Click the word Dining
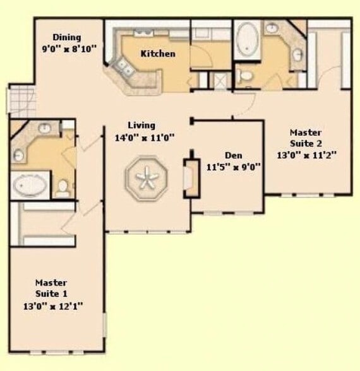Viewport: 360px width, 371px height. tap(67, 37)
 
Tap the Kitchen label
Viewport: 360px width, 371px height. tap(157, 54)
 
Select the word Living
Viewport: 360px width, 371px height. tap(141, 125)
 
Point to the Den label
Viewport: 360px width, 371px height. tap(234, 155)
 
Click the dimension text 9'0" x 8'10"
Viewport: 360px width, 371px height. tap(69, 47)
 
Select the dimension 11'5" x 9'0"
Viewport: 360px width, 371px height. tap(234, 167)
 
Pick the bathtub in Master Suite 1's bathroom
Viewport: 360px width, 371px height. tap(30, 185)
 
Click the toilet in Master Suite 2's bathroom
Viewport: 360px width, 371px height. tap(246, 76)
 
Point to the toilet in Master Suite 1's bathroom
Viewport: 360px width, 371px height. tap(63, 187)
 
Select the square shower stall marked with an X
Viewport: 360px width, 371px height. tap(222, 80)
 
